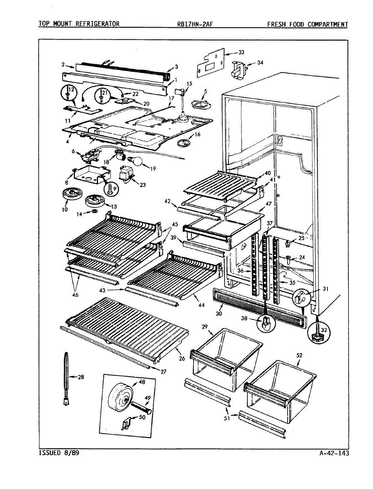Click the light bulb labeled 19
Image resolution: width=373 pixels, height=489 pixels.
pyautogui.click(x=138, y=162)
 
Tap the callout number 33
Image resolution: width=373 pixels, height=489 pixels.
pyautogui.click(x=242, y=53)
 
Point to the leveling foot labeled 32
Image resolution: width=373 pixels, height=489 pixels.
pyautogui.click(x=318, y=335)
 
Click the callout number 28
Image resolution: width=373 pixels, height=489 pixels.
pyautogui.click(x=81, y=377)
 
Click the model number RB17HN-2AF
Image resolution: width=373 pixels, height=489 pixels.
pyautogui.click(x=195, y=24)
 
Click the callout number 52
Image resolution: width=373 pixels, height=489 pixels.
pyautogui.click(x=299, y=355)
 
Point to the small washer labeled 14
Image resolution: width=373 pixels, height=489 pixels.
pyautogui.click(x=94, y=212)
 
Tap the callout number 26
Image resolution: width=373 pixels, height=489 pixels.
pyautogui.click(x=181, y=359)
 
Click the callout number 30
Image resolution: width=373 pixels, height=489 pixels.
pyautogui.click(x=219, y=314)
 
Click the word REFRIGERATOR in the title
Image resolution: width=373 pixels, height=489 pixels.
pyautogui.click(x=97, y=24)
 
